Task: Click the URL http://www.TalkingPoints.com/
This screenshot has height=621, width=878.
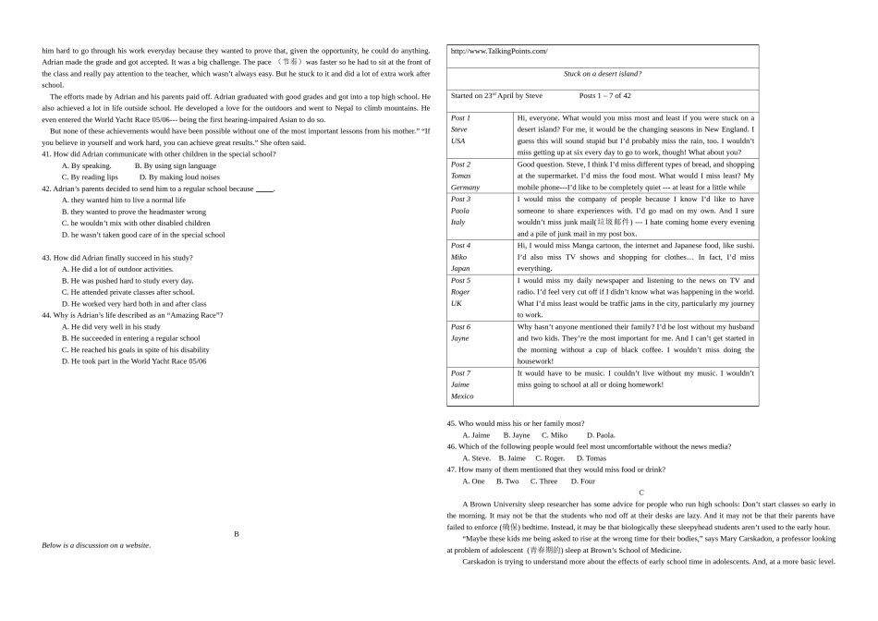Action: pos(499,52)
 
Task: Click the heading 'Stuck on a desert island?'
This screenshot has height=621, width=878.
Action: pos(603,74)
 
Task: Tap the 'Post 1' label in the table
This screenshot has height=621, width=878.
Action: pos(460,118)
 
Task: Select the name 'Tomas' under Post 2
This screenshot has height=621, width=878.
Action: pos(461,176)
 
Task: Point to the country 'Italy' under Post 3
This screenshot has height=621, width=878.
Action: pos(458,223)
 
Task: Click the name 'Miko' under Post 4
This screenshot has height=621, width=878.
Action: pos(459,257)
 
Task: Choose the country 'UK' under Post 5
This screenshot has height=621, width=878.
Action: pos(457,303)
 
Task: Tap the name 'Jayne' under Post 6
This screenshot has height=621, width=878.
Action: pos(460,338)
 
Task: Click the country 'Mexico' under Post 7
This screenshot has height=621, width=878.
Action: pos(462,396)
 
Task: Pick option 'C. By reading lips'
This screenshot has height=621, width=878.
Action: pos(90,177)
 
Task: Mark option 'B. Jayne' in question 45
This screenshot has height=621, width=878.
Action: pos(517,435)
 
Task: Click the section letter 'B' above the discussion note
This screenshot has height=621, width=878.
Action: pos(237,533)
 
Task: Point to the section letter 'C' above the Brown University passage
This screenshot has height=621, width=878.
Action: pos(641,493)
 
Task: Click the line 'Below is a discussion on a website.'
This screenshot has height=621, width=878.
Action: pos(96,545)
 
